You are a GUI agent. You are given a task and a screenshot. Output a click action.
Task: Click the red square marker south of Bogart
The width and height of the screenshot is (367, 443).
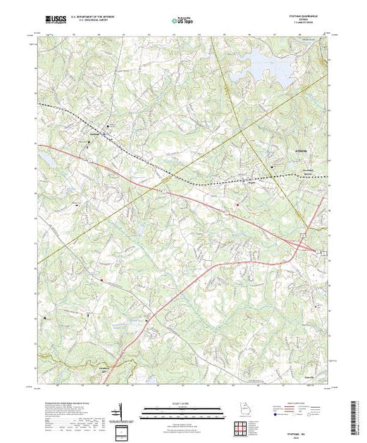[237, 205]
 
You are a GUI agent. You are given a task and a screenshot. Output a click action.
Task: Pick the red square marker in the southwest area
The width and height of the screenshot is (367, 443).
[102, 282]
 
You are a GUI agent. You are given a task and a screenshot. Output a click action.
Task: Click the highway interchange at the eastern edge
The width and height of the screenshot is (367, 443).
[310, 248]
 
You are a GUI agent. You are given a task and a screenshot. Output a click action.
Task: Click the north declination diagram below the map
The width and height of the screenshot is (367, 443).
[121, 411]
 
